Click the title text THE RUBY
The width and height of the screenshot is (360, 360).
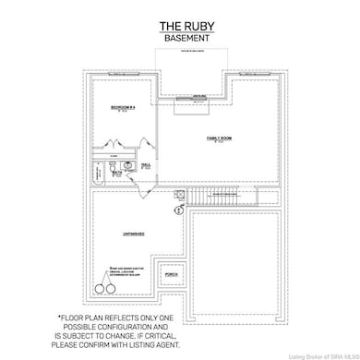[x=180, y=26]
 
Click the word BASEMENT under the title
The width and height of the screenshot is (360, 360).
[x=180, y=39]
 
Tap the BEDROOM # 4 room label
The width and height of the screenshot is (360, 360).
[x=123, y=108]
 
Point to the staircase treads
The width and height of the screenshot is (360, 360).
[x=214, y=196]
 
